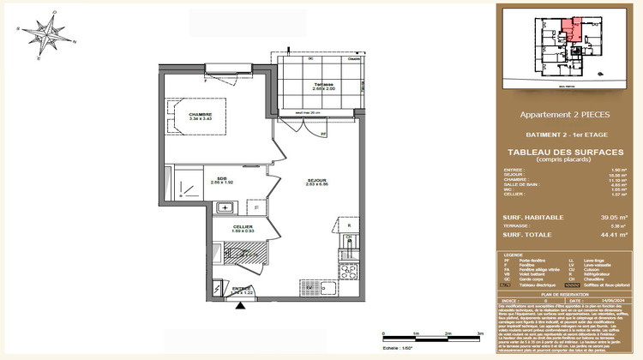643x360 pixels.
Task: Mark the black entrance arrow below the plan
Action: click(x=242, y=305)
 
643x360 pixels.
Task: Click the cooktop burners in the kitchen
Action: click(x=348, y=274)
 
